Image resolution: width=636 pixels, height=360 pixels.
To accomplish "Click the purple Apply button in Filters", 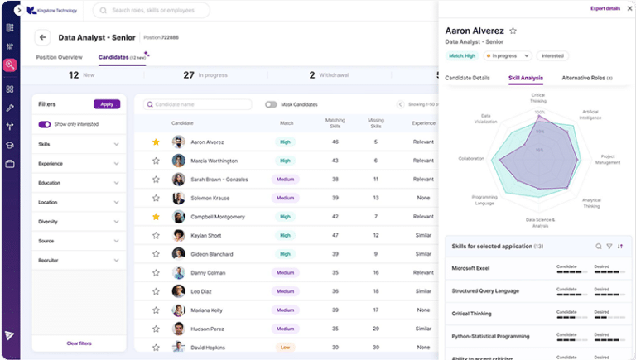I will [x=107, y=104].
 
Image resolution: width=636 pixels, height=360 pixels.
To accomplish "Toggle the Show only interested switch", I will [x=45, y=124].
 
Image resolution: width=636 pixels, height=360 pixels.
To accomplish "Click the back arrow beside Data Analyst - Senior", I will [x=43, y=37].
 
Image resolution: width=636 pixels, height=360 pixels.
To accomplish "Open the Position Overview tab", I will [x=59, y=57].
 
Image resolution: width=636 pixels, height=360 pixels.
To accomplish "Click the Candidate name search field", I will [x=198, y=104].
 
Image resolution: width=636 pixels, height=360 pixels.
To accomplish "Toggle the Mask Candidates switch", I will [x=271, y=104].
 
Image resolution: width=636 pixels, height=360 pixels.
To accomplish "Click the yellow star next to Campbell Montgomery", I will [x=156, y=217].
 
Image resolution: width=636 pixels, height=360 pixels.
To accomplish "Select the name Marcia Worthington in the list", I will [x=214, y=161].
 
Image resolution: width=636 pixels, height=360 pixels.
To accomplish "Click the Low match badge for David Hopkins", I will [x=285, y=348].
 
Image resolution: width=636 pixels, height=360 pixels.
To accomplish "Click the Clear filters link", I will [x=79, y=343].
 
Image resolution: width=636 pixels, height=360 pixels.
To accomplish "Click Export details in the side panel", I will [x=605, y=8].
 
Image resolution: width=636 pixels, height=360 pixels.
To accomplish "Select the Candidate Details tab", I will [x=468, y=78].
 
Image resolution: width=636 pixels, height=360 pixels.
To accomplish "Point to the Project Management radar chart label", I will [x=608, y=159].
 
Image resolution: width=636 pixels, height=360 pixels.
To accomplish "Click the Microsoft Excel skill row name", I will [x=472, y=268].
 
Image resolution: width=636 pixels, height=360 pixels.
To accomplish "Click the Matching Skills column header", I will [x=335, y=123].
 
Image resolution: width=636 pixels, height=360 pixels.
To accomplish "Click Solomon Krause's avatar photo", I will [x=178, y=198].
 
